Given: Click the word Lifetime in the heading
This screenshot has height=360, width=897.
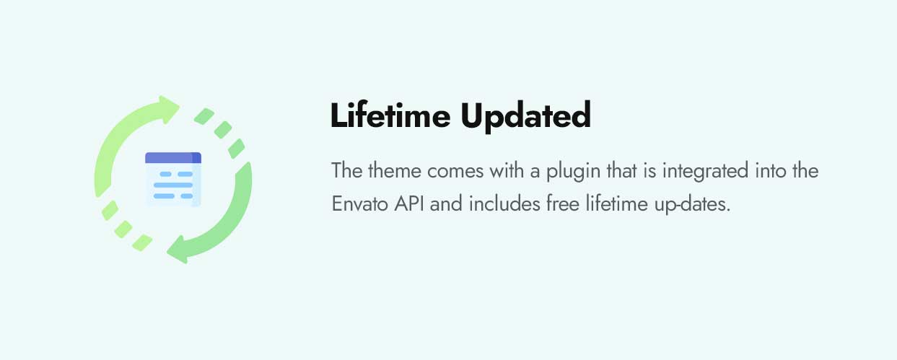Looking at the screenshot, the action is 390,115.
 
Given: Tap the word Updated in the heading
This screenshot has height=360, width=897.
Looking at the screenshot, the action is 526,116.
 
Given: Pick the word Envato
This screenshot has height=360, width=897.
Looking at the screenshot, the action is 359,204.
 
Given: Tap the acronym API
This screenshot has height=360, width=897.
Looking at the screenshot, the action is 409,204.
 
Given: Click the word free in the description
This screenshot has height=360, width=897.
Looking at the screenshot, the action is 563,204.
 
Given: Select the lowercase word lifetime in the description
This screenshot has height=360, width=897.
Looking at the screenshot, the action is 617,204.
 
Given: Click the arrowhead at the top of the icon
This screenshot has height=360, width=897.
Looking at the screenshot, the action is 168,108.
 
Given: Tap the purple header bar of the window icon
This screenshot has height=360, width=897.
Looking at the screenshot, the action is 173,158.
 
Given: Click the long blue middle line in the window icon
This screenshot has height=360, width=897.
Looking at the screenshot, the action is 173,185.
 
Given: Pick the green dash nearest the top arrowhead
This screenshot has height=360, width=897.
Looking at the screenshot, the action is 204,116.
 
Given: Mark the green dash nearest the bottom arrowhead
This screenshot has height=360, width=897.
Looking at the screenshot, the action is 142,242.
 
